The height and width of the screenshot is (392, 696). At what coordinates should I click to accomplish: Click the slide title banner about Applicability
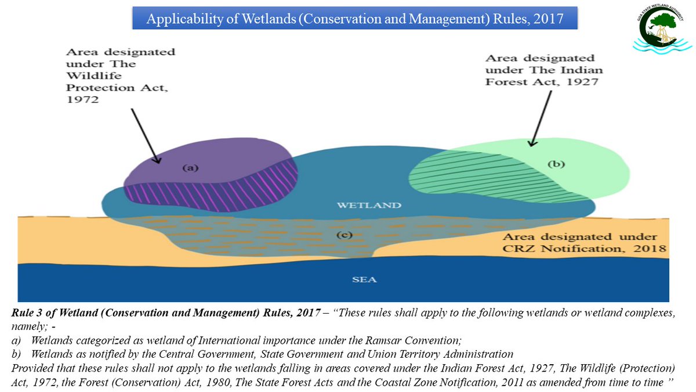(x=355, y=19)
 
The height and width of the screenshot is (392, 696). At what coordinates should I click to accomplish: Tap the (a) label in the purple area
(x=191, y=167)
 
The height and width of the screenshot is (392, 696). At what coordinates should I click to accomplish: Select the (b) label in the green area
(x=556, y=164)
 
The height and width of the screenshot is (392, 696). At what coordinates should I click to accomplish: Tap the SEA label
(x=364, y=279)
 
